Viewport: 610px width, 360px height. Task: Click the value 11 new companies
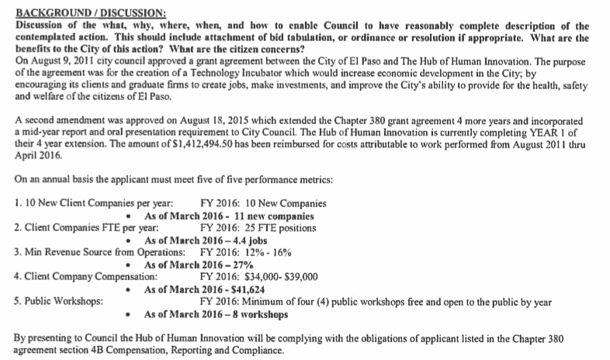269,216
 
